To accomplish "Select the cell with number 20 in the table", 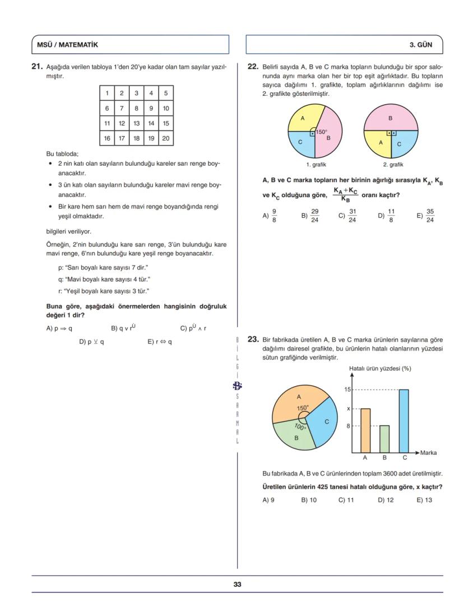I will [165, 138].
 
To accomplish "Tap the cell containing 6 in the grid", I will [107, 108].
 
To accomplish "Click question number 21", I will [37, 66].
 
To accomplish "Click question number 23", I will [253, 339].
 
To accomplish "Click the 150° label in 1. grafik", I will [321, 132].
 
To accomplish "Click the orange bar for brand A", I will [365, 430].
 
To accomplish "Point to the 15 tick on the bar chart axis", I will [347, 389].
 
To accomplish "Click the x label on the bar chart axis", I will [349, 409].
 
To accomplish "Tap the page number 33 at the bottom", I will [237, 584].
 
